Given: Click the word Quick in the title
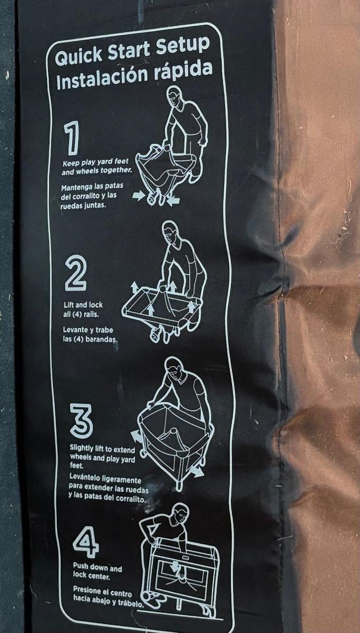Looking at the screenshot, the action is pyautogui.click(x=79, y=56).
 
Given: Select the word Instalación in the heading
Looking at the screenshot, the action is pyautogui.click(x=102, y=79).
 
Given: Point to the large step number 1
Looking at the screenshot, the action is pyautogui.click(x=72, y=138).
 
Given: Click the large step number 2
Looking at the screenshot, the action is pyautogui.click(x=75, y=274).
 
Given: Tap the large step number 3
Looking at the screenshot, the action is pyautogui.click(x=81, y=419).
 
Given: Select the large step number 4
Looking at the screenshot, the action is pyautogui.click(x=86, y=543).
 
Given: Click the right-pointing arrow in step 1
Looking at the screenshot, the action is pyautogui.click(x=138, y=196).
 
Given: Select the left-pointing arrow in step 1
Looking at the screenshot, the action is pyautogui.click(x=173, y=201).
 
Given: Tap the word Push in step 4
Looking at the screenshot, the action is pyautogui.click(x=81, y=567).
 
